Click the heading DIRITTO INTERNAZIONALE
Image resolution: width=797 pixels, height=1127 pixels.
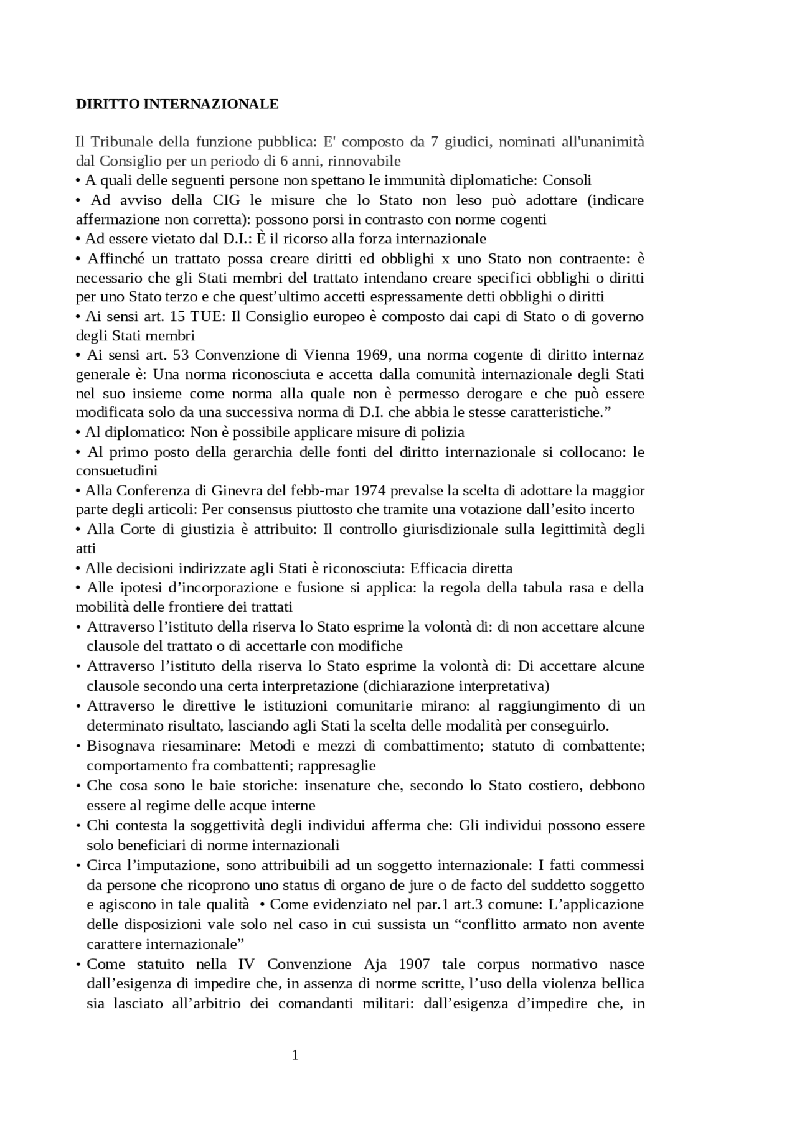177,104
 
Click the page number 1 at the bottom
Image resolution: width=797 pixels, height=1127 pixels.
296,1054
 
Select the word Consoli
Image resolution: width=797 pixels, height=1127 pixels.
567,180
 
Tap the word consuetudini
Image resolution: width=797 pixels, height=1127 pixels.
116,470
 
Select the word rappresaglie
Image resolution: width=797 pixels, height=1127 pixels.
337,765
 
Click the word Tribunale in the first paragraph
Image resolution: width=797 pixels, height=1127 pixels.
121,142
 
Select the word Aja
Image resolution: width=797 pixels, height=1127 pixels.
375,964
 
